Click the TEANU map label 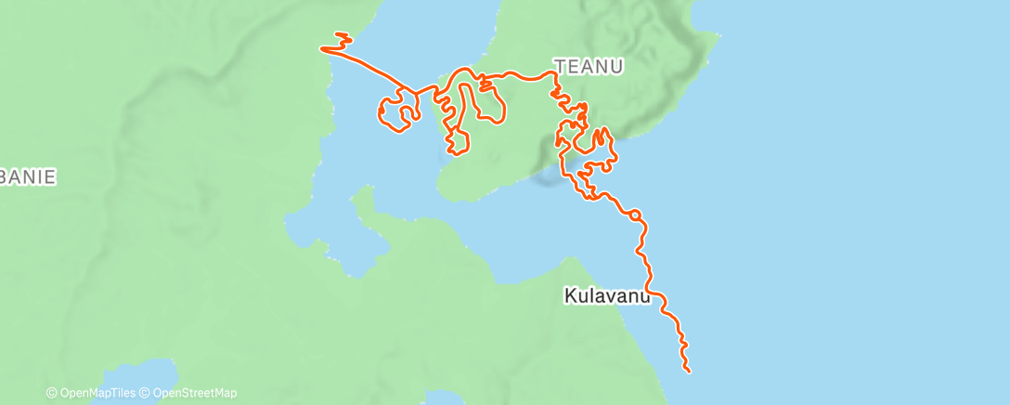point(589,66)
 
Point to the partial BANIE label point(28,176)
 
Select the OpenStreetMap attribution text point(193,393)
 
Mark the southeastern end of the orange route point(689,372)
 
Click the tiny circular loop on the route point(635,216)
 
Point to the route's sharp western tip point(322,48)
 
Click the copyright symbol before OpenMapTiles point(51,393)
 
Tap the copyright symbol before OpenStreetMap point(145,393)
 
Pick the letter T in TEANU point(559,66)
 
